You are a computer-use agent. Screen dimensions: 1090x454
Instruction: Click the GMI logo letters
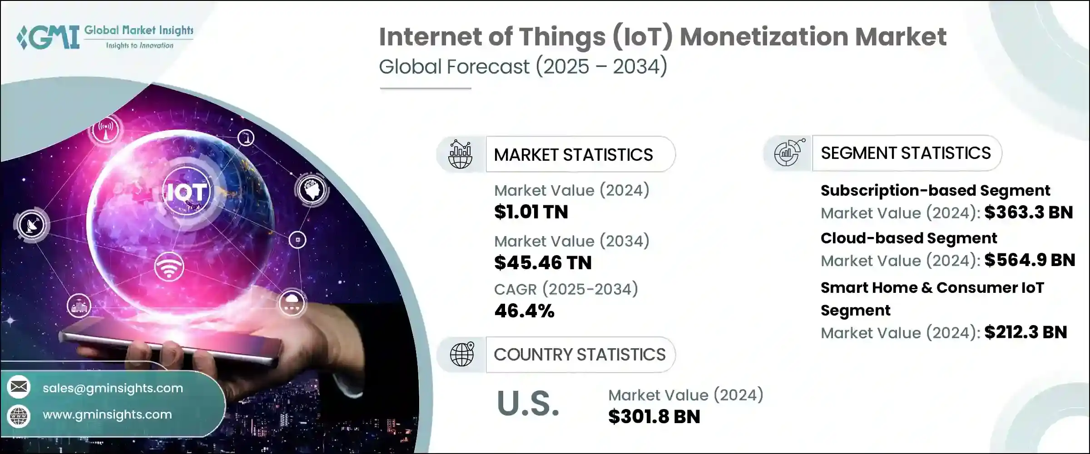[48, 37]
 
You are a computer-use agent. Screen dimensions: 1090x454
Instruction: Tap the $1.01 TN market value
[531, 212]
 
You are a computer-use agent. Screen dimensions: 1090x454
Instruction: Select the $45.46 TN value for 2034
[543, 263]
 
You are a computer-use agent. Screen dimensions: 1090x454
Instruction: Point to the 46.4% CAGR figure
[524, 311]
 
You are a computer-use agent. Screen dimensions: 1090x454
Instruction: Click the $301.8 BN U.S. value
[654, 417]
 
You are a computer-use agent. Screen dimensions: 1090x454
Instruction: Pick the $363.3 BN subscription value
[1029, 212]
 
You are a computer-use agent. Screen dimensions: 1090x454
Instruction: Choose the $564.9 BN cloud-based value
[1030, 260]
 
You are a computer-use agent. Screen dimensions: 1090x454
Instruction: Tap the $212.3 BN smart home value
[1026, 332]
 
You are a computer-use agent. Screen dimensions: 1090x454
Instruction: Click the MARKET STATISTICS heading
[573, 155]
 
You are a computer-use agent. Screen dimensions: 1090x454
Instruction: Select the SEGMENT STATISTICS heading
[906, 153]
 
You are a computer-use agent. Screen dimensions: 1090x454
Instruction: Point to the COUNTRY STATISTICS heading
[580, 355]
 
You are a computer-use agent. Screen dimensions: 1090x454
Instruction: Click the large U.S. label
[528, 403]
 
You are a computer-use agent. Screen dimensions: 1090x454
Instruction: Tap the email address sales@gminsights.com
[113, 388]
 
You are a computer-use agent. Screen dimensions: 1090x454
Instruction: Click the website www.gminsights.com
[107, 415]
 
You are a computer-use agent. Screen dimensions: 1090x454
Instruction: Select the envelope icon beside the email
[19, 387]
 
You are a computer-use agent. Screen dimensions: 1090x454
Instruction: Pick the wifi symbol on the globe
[169, 267]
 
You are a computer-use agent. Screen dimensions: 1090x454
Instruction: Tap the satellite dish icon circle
[32, 224]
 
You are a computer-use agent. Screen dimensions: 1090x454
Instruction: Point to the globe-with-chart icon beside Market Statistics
[460, 154]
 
